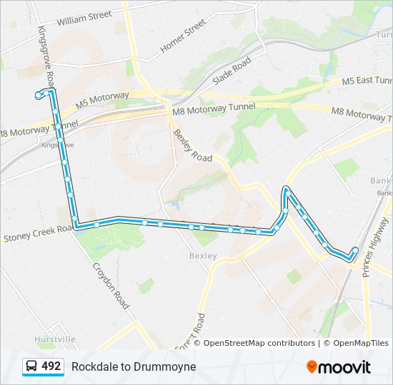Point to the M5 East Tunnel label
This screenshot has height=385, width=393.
pyautogui.click(x=366, y=82)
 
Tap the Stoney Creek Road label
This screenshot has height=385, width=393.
pyautogui.click(x=37, y=232)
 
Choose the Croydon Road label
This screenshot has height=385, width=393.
pyautogui.click(x=111, y=285)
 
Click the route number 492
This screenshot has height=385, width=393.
pyautogui.click(x=51, y=366)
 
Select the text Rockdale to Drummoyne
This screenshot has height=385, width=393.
pyautogui.click(x=134, y=366)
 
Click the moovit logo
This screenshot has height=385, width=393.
pyautogui.click(x=339, y=367)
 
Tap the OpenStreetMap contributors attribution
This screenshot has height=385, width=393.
pyautogui.click(x=259, y=343)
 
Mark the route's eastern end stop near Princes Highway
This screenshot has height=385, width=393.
pyautogui.click(x=355, y=250)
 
